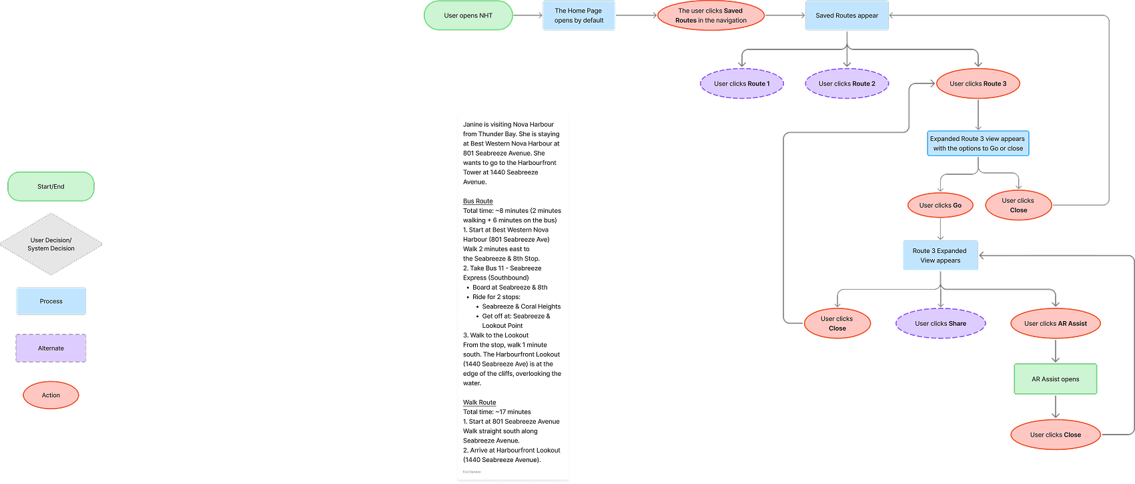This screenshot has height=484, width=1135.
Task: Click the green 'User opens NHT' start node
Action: tap(468, 16)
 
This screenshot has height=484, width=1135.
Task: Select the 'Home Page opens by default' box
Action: tap(579, 16)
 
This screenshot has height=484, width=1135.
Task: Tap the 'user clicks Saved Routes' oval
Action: tap(711, 16)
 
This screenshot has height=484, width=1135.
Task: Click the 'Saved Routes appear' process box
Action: tap(847, 16)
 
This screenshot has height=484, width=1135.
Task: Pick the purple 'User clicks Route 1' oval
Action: tap(741, 84)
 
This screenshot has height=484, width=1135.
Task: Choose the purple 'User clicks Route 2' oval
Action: tap(847, 84)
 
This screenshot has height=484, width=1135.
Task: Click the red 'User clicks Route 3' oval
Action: tap(978, 84)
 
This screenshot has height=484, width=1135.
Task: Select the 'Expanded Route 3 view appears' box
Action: tap(978, 144)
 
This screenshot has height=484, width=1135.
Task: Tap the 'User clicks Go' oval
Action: tap(940, 206)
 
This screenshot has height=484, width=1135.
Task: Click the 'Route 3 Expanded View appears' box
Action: tap(940, 256)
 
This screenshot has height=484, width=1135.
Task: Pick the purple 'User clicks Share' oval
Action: tap(940, 324)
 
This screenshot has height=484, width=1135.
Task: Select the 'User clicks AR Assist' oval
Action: tap(1055, 324)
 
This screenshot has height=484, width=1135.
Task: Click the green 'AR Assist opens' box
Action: tap(1055, 379)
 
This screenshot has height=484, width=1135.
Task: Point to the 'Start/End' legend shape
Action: tap(51, 187)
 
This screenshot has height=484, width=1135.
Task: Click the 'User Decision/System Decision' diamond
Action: tap(51, 244)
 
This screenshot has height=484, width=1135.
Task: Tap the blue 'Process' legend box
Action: tap(51, 301)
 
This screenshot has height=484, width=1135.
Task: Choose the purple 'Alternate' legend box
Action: tap(51, 348)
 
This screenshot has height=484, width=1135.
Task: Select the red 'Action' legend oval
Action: tap(51, 395)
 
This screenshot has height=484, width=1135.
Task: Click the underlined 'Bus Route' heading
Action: tap(478, 201)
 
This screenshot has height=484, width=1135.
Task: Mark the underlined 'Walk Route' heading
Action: tap(479, 403)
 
